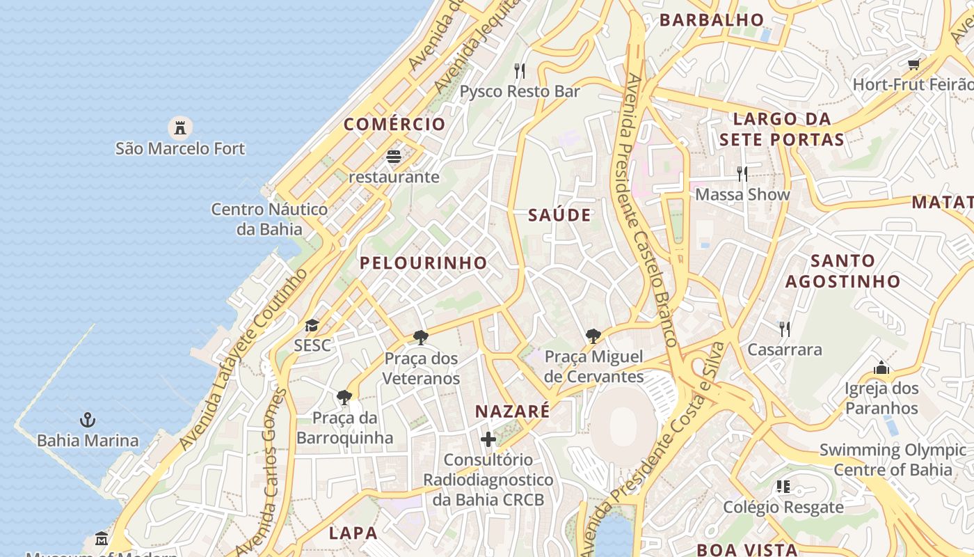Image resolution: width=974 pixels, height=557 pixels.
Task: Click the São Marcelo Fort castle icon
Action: pos(180,127)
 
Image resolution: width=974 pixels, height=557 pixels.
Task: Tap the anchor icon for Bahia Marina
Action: pos(88,420)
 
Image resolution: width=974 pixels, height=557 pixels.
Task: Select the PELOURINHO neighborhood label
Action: pos(423,262)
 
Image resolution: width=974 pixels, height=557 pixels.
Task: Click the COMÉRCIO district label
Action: pos(394,125)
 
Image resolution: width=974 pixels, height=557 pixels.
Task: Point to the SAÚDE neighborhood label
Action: pos(559,215)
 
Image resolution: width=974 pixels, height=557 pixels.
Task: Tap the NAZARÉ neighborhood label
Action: pos(512,411)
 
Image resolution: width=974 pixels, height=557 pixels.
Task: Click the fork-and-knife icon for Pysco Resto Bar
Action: pos(519,70)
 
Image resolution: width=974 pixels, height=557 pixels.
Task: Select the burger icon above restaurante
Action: pos(394,157)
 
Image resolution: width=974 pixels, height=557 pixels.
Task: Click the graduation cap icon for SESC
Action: pos(312,325)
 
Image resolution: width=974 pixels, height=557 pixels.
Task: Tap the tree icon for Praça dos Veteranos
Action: pos(420,338)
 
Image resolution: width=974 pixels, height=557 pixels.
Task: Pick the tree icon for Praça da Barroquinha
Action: pos(344,398)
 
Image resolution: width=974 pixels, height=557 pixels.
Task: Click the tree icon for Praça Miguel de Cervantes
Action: pos(593,336)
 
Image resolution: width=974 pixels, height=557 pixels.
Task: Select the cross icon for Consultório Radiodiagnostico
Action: pos(488,439)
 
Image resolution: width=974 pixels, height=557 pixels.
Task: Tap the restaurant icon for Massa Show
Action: pos(742,173)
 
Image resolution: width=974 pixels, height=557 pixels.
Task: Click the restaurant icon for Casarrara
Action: pos(784,329)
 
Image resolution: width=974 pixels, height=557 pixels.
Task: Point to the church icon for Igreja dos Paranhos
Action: pos(881,367)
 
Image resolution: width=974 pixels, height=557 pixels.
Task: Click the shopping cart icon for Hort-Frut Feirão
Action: pos(913,64)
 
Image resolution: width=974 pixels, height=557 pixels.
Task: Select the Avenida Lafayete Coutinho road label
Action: pos(244,359)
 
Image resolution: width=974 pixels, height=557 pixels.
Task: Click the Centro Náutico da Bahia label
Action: pos(269,219)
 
